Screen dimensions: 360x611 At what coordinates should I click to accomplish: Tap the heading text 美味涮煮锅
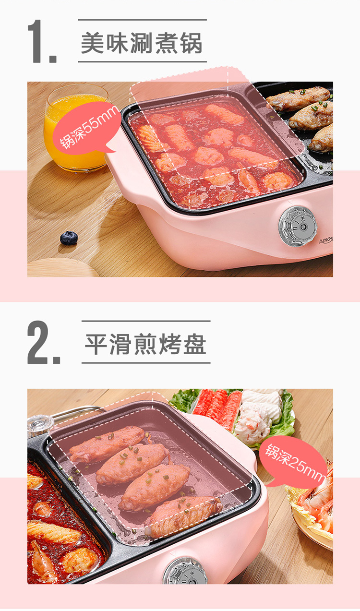[x=142, y=43]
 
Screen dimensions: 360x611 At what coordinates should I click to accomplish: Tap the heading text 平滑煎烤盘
[x=145, y=344]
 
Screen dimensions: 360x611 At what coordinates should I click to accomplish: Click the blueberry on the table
[x=69, y=238]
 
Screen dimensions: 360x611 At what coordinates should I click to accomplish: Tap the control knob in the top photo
[x=298, y=226]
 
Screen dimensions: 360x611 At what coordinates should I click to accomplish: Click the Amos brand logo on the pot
[x=326, y=241]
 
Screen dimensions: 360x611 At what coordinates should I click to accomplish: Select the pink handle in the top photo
[x=123, y=175]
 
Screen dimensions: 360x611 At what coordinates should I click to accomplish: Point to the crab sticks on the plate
[x=218, y=409]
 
